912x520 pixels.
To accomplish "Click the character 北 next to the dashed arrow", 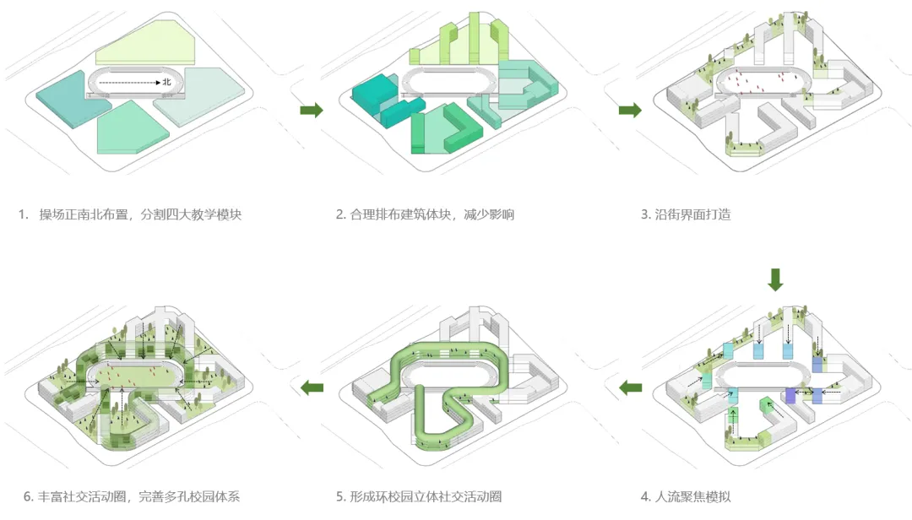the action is tap(167, 82).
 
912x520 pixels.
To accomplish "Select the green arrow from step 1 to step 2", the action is tap(311, 110).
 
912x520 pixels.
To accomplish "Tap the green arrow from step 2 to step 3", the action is tap(630, 110).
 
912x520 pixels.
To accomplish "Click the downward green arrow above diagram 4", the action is tap(775, 279).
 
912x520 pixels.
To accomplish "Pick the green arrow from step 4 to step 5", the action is tap(630, 387).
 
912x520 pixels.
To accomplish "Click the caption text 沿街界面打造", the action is tap(692, 214).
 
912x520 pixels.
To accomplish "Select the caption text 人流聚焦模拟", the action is tap(692, 496).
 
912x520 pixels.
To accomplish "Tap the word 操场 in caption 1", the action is tap(52, 214).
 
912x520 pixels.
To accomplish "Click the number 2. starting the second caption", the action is tap(341, 214).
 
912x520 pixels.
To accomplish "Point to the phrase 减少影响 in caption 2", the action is tap(489, 214).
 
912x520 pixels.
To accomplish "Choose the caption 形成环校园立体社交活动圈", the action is tap(426, 496).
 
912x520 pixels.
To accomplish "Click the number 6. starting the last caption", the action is tap(29, 496).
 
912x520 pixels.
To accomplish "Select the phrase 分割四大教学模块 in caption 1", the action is tap(191, 214).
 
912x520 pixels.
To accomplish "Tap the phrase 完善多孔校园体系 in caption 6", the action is tap(189, 496).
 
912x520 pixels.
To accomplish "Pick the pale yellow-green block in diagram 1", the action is tap(145, 45).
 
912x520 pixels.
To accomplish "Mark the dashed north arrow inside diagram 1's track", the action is tap(130, 83).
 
